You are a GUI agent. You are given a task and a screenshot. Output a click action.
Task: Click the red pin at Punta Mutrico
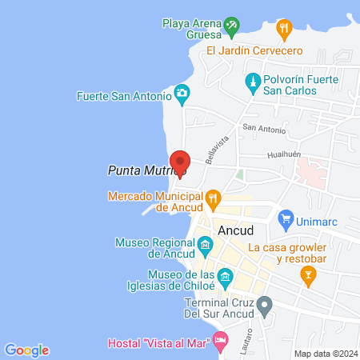(180, 162)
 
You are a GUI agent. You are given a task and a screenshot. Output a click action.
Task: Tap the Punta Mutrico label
(146, 170)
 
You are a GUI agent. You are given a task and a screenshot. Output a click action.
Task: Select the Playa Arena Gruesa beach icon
(232, 26)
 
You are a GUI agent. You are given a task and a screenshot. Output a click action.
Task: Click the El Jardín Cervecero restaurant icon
(283, 30)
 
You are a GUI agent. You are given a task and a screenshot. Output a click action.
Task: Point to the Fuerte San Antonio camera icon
(182, 94)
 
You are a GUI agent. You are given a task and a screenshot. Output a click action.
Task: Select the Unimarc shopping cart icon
(285, 217)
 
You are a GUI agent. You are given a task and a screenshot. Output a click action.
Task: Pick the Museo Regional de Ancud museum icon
(206, 245)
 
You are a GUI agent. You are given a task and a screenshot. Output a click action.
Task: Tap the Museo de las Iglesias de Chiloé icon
(226, 278)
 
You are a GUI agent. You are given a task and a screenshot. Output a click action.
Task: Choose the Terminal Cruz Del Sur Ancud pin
(265, 304)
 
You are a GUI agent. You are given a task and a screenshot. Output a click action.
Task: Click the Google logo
(26, 350)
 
